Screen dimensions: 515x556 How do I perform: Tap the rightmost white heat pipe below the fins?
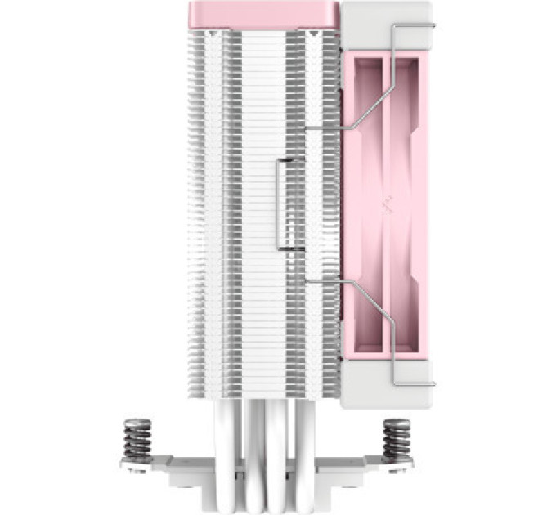tap(305, 433)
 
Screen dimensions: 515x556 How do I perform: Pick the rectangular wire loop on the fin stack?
tap(289, 204)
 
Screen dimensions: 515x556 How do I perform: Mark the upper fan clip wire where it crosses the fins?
tap(323, 128)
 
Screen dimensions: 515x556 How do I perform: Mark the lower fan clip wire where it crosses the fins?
tap(323, 282)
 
